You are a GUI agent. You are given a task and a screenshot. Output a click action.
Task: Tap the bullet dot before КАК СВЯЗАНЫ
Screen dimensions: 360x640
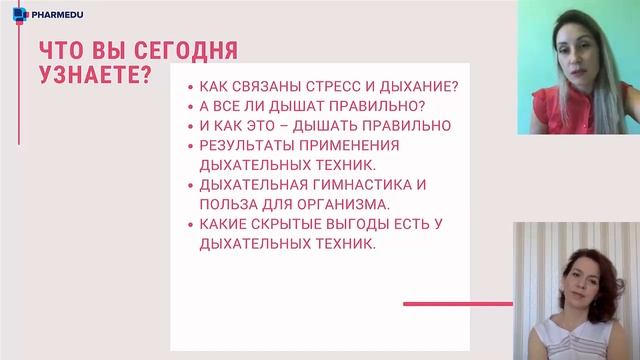pos(190,87)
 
